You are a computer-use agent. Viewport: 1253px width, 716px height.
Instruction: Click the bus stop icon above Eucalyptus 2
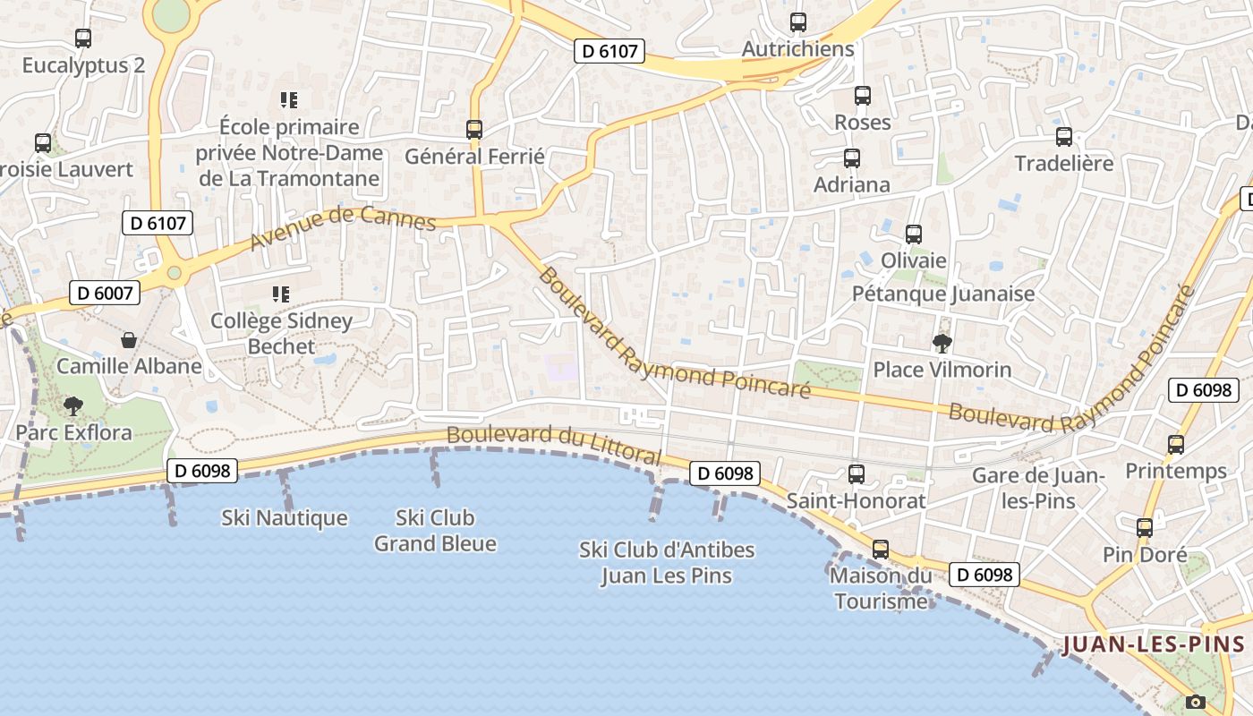point(83,38)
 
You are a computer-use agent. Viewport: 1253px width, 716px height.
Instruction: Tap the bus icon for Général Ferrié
point(474,130)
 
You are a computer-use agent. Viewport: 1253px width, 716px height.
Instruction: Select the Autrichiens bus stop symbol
point(798,22)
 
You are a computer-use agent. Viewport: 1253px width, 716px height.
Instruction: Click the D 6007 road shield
point(105,293)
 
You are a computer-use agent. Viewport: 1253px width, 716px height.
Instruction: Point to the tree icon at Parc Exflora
point(73,406)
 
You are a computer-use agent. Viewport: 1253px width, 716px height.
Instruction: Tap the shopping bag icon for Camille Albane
point(129,340)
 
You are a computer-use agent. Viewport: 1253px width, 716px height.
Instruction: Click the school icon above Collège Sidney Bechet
point(281,294)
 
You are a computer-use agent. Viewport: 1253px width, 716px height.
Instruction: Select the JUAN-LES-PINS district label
point(1153,644)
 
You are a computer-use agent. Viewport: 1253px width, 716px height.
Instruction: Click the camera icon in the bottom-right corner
point(1195,702)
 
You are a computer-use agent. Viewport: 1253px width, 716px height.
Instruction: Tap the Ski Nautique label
point(284,518)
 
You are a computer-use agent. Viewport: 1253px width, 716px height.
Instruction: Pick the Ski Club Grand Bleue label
point(435,531)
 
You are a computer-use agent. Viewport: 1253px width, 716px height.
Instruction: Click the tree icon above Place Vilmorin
point(942,343)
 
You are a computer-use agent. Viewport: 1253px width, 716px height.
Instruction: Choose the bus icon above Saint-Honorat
point(857,474)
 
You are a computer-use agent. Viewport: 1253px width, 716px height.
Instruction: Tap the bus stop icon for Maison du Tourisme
point(881,550)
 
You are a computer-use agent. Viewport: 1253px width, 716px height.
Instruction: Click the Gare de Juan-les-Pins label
point(1038,488)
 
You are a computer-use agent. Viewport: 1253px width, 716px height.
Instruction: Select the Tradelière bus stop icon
point(1064,137)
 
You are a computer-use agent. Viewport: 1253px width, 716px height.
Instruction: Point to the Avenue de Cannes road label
point(343,228)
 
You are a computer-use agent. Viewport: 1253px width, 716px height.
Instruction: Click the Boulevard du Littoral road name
point(553,444)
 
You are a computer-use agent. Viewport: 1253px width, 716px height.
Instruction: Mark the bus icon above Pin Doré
point(1145,528)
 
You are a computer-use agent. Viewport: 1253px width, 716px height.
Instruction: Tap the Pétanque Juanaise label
point(942,294)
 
